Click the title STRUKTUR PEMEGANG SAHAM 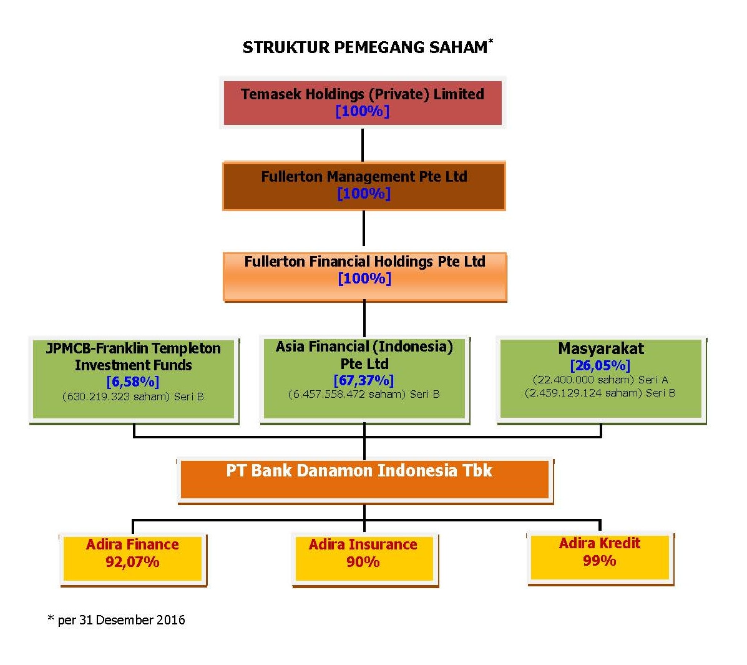[x=365, y=47]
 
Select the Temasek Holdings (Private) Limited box [x=363, y=103]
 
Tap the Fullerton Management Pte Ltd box [x=364, y=186]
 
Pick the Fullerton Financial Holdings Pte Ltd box [x=365, y=277]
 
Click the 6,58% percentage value [x=133, y=382]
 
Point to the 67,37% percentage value [x=364, y=380]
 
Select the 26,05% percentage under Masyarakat [x=600, y=365]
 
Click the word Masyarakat [x=601, y=348]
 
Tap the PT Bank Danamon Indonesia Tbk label [x=359, y=471]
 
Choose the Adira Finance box [x=133, y=559]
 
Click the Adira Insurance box [x=364, y=559]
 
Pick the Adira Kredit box [x=600, y=558]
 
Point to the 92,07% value [x=132, y=562]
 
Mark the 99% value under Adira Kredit [x=600, y=561]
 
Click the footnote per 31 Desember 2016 [x=117, y=619]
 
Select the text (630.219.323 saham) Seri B [x=133, y=397]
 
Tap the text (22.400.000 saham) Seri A [x=600, y=380]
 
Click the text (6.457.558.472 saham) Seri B [x=364, y=394]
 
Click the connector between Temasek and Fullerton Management [x=363, y=145]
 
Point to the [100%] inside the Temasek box [x=363, y=111]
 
